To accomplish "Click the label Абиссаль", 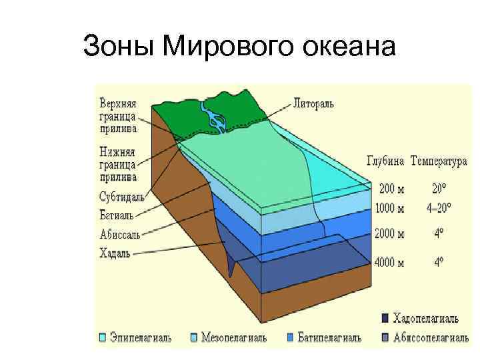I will click(119, 234).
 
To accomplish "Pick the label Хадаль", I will click(115, 253).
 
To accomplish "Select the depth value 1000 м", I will click(390, 208).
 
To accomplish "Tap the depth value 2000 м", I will click(390, 234).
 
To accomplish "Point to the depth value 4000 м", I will click(390, 262).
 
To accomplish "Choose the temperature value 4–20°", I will click(439, 208).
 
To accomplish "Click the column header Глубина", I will click(386, 161).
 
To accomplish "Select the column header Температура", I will click(439, 161).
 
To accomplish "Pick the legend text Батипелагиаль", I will click(330, 338).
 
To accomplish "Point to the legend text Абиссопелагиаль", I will click(433, 338).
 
